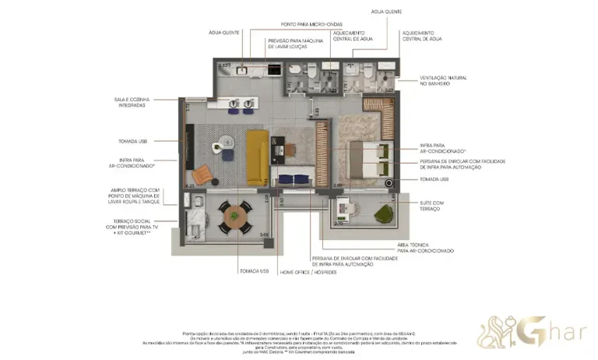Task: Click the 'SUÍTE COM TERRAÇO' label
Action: (433, 206)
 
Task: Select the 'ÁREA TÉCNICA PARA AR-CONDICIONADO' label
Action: (425, 248)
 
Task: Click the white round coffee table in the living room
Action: (226, 141)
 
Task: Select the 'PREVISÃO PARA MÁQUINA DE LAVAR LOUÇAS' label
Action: (293, 44)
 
